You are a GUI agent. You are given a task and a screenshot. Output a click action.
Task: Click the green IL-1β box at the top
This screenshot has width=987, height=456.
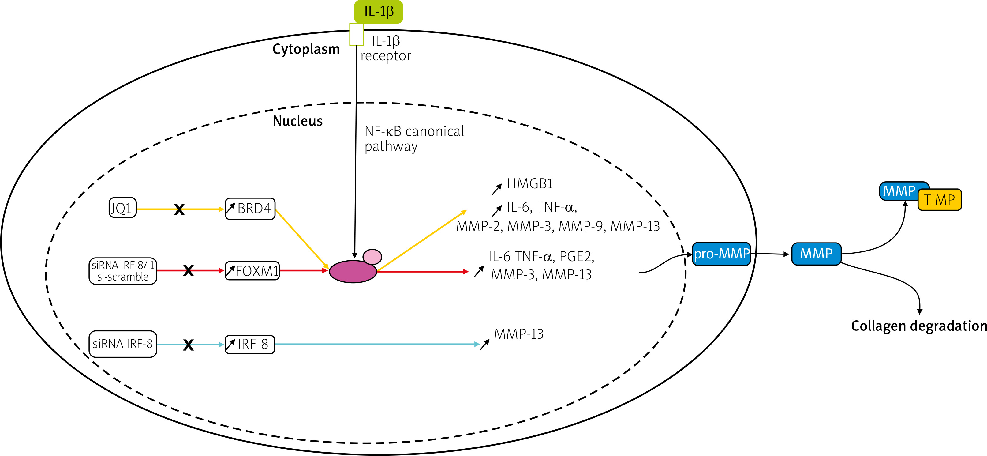click(378, 12)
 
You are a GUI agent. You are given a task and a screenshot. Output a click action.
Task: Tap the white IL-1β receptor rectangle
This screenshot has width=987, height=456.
click(356, 35)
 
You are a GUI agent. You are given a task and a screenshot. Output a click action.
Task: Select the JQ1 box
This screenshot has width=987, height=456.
click(123, 208)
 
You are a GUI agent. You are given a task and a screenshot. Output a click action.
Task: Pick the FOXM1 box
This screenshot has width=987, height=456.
click(252, 271)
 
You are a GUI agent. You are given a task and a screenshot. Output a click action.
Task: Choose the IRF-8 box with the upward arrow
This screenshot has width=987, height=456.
click(250, 344)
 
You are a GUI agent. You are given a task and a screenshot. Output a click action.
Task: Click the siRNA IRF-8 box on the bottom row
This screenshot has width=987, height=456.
click(123, 344)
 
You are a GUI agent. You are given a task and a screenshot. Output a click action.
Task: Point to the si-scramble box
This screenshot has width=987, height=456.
click(123, 271)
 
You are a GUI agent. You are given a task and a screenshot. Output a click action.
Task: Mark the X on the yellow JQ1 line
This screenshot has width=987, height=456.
click(179, 209)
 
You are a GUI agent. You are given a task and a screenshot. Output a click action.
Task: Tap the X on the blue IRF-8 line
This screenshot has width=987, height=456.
click(188, 345)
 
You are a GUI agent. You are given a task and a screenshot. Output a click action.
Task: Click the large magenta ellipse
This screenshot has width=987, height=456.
click(353, 272)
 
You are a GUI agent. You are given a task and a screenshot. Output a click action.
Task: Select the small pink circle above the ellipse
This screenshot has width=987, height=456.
click(372, 257)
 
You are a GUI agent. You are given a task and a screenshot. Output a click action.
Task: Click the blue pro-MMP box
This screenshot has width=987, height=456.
click(721, 254)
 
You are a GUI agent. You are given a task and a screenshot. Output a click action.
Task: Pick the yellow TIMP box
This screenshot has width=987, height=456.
click(940, 200)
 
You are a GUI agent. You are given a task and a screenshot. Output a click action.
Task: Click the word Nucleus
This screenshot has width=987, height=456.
click(298, 121)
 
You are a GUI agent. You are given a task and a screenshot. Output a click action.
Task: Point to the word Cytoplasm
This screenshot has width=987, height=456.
click(306, 49)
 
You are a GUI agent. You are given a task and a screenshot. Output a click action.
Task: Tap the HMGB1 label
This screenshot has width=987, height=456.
click(530, 184)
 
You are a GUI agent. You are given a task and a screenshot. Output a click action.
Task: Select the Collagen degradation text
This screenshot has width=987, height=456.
click(918, 326)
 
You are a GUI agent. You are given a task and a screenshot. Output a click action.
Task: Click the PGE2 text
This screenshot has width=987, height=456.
click(577, 256)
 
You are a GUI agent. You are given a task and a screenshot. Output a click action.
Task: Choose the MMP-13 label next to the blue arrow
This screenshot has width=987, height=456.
click(518, 334)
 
